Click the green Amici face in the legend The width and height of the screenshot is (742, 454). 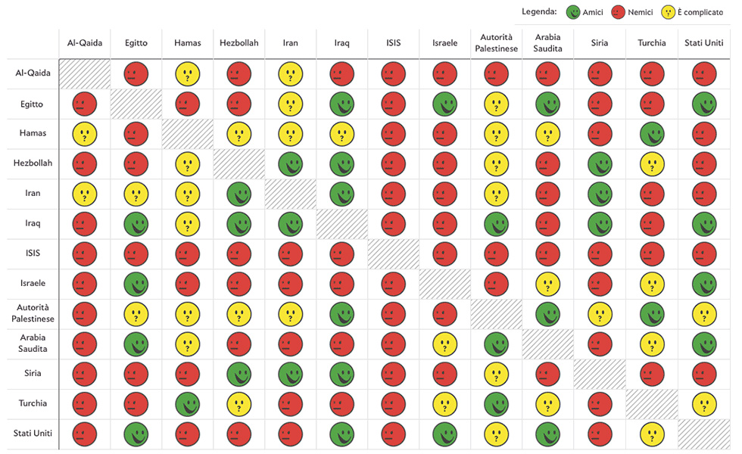[x=574, y=12]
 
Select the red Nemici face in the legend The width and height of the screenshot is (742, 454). [x=619, y=12]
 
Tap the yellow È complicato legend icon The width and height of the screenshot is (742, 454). [x=669, y=12]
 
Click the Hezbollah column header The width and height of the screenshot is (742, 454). [x=238, y=43]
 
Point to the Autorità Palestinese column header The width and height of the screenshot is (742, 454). [x=497, y=43]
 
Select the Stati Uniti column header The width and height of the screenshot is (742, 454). [x=704, y=43]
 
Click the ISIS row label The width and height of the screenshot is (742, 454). [x=33, y=253]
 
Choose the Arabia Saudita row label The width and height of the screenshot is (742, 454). [x=33, y=344]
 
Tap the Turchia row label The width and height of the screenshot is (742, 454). [x=33, y=403]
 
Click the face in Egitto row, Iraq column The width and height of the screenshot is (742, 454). [x=342, y=104]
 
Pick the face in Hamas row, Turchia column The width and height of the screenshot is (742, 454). [x=652, y=134]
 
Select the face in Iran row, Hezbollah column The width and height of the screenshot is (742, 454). [x=239, y=194]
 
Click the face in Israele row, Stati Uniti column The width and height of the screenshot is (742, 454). [x=704, y=284]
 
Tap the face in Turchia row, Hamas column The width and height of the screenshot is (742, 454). [x=188, y=403]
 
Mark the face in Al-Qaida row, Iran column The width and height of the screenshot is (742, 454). [x=291, y=73]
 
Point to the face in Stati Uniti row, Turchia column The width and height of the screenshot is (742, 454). [x=652, y=434]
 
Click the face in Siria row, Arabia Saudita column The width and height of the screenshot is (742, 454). [x=549, y=374]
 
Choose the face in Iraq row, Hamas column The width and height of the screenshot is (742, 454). [x=188, y=224]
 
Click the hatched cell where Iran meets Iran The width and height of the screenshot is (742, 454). [x=291, y=194]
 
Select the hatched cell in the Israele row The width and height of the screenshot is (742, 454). [x=445, y=284]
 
